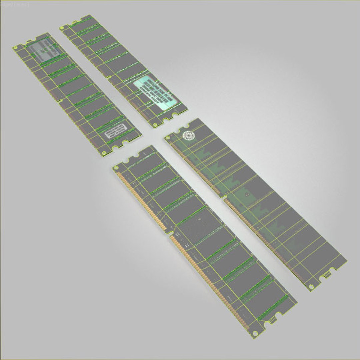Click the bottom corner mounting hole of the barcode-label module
pyautogui.click(x=104, y=153)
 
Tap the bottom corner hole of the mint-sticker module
pyautogui.click(x=154, y=125)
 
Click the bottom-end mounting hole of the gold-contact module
pyautogui.click(x=255, y=333)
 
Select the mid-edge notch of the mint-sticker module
pyautogui.click(x=108, y=77)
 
